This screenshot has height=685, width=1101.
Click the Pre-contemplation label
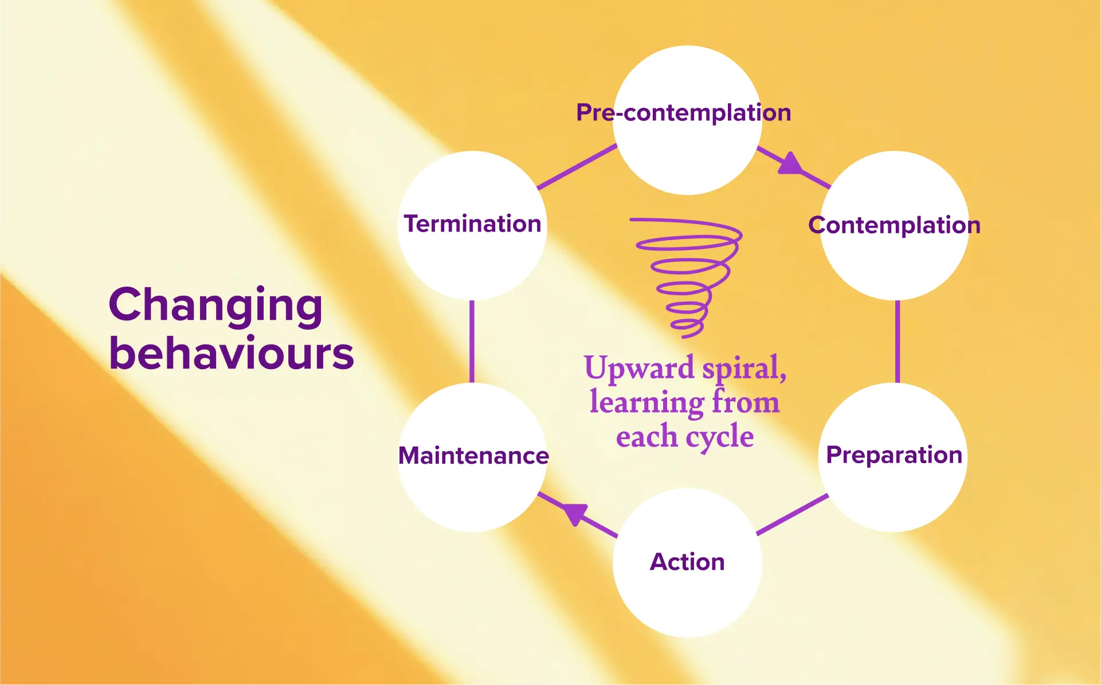pos(683,113)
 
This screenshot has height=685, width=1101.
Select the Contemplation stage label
pos(894,225)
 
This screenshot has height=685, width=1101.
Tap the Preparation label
pos(894,455)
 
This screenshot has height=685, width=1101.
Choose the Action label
pos(687,562)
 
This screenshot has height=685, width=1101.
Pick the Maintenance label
pos(473,456)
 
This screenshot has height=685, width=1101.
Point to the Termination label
pos(472,224)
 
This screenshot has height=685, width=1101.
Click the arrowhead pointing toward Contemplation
pos(790,164)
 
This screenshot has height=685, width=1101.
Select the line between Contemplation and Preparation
pos(897,341)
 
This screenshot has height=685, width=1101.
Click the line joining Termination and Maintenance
pos(472,341)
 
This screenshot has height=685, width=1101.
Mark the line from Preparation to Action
pos(792,514)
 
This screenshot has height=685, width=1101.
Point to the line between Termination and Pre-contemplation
pos(577,166)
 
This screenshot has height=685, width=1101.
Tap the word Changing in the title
pos(216,305)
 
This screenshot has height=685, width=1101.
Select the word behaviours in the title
pos(231,353)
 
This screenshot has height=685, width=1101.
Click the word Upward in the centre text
pos(638,368)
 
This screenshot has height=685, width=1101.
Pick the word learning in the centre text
pos(647,402)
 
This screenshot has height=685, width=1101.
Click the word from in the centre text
pos(745,401)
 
